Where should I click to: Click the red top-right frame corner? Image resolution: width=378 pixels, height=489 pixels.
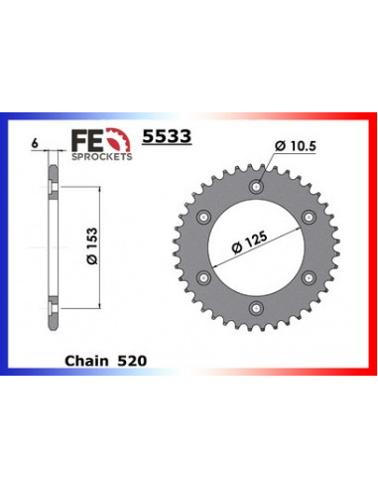367,119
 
